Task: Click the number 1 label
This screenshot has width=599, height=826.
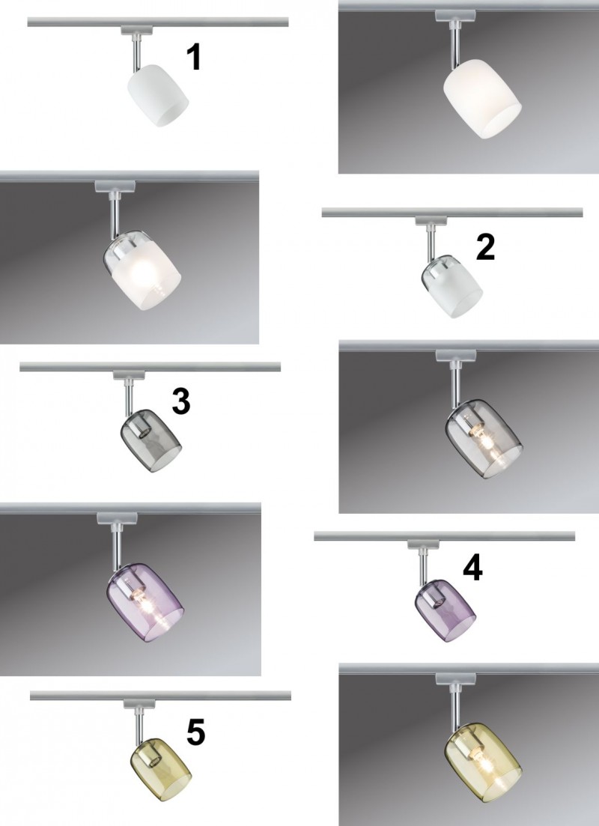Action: [195, 57]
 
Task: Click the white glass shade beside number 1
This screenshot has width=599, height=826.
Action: [158, 95]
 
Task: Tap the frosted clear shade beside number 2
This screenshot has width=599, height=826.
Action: [452, 287]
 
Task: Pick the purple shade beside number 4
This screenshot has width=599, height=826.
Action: [446, 610]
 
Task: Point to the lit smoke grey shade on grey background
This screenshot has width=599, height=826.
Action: [484, 439]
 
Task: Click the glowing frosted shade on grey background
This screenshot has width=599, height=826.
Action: [142, 270]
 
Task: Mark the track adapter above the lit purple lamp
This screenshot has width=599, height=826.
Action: [116, 518]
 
